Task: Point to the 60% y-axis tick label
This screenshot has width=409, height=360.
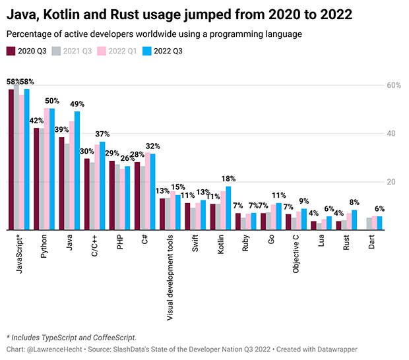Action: pos(393,86)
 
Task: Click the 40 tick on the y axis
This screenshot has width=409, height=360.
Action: pos(394,134)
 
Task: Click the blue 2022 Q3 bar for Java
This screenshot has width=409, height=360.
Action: pos(77,171)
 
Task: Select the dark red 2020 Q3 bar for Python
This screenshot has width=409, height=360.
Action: pos(37,179)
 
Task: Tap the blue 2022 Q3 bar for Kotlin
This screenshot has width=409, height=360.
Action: pos(228,208)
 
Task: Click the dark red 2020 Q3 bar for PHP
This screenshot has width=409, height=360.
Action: pos(112,195)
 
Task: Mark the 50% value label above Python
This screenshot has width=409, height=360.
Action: pos(52,101)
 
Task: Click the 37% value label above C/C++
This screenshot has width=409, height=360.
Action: pos(102,134)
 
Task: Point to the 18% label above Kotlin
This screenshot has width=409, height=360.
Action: pos(228,179)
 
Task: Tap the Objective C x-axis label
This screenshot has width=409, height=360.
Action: pos(296,258)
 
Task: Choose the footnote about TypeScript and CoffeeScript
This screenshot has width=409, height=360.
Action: pos(71,338)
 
